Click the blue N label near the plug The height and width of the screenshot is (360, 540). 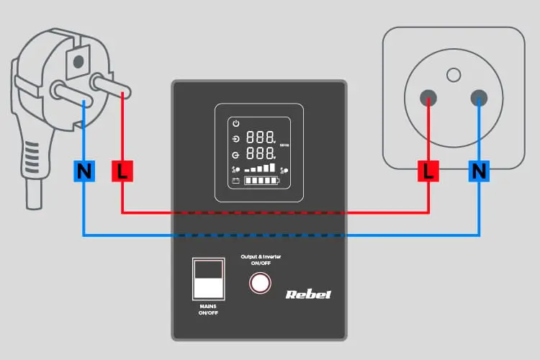(x=84, y=171)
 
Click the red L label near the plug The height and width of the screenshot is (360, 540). (x=122, y=171)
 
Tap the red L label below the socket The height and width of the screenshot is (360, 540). (x=429, y=171)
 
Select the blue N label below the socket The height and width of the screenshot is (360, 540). (x=479, y=171)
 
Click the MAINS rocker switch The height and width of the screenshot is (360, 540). (x=209, y=279)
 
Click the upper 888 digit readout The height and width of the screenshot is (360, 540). (x=260, y=138)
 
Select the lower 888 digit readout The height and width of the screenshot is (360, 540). (x=260, y=154)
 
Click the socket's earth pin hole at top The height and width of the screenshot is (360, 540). (x=453, y=73)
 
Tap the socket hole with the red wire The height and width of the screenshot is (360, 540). (x=429, y=99)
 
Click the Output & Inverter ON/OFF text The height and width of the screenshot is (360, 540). (x=260, y=259)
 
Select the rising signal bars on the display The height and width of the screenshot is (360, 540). (x=260, y=168)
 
